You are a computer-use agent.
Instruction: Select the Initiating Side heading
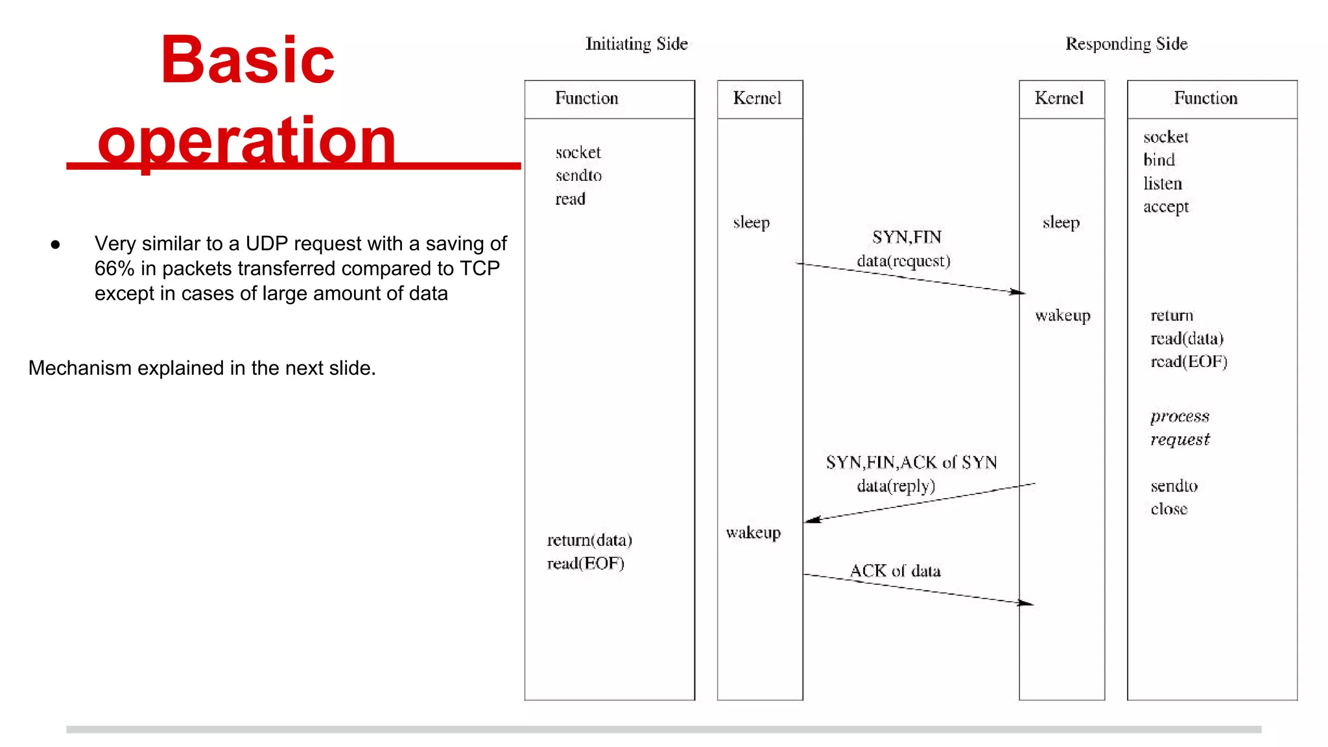point(636,44)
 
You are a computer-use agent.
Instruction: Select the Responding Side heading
point(1126,44)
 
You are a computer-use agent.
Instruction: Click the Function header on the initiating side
point(586,99)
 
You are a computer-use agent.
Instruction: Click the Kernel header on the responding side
point(1059,99)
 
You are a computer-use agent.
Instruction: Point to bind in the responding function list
point(1159,160)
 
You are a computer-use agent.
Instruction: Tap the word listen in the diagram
point(1162,184)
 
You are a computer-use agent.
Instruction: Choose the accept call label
point(1166,207)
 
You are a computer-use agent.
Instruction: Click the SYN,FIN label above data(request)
point(907,237)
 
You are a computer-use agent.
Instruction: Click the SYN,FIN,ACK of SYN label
point(911,462)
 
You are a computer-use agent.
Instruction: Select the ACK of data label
point(895,571)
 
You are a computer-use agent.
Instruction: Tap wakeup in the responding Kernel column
point(1063,316)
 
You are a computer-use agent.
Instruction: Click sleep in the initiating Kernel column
point(752,222)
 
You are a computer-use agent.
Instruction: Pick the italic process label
point(1180,416)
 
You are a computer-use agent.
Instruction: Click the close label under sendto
point(1168,509)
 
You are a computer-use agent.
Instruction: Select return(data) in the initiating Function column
point(589,540)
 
